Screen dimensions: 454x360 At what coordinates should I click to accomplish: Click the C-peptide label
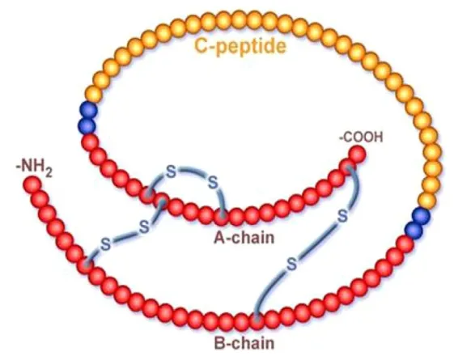(240, 46)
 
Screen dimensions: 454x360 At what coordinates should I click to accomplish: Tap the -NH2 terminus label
(34, 169)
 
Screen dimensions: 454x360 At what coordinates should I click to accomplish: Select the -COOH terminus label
(361, 138)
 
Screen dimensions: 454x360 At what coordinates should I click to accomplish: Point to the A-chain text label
(244, 238)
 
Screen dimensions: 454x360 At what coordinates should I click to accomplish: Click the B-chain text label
(244, 343)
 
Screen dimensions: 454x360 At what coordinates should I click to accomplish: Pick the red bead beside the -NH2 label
(32, 184)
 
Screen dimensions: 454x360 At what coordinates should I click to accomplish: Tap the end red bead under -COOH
(356, 155)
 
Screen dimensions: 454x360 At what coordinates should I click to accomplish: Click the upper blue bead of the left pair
(88, 110)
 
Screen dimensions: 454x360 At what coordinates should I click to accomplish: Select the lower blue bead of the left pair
(87, 126)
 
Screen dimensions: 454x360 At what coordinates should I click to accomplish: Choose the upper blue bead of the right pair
(421, 216)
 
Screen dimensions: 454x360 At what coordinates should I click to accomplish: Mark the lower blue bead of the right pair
(414, 230)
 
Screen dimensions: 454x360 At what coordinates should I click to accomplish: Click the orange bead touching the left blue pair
(93, 95)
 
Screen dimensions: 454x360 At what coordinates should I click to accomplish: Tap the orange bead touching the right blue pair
(426, 201)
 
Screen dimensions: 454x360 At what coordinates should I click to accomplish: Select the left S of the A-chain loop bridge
(171, 173)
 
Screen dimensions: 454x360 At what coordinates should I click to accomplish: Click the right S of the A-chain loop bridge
(213, 183)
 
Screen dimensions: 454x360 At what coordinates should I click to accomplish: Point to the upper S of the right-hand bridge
(342, 216)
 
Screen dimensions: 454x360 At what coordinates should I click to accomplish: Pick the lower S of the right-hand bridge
(291, 265)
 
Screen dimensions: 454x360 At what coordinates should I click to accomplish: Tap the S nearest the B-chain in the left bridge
(105, 245)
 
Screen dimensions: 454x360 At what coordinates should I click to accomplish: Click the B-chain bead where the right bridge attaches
(257, 322)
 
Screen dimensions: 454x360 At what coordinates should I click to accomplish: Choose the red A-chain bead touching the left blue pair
(91, 142)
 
